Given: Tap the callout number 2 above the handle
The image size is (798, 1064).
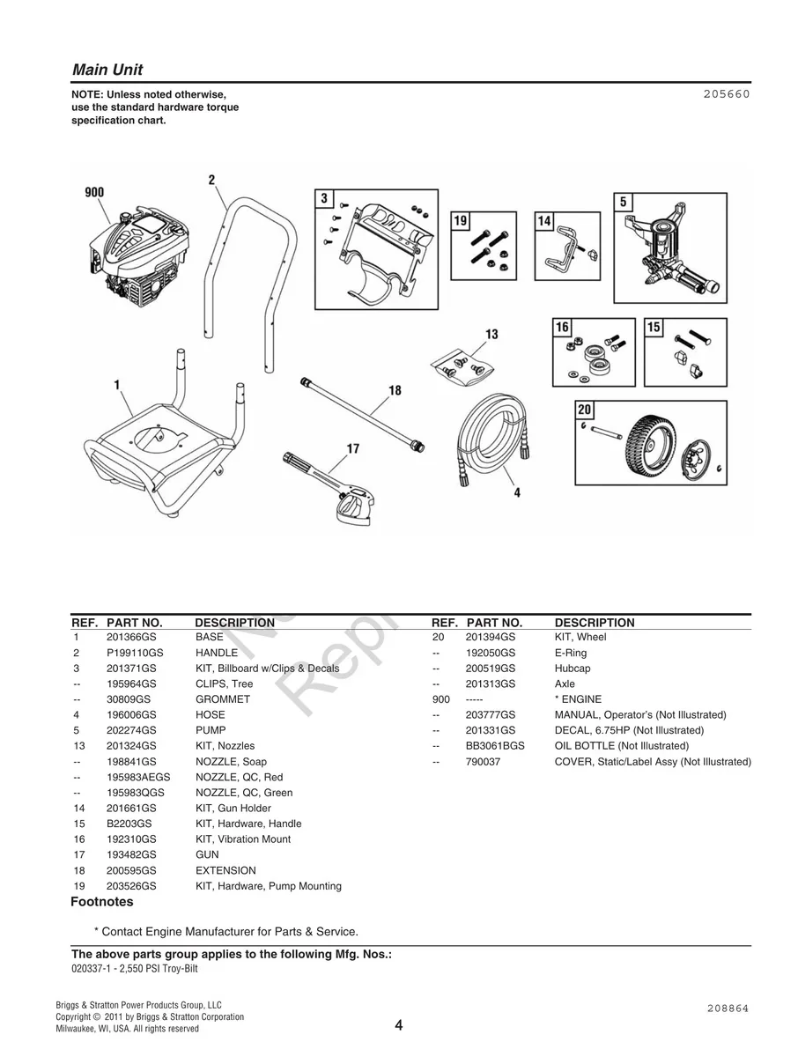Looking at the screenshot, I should pos(211,181).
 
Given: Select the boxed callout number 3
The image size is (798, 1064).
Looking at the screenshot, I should pos(324,198).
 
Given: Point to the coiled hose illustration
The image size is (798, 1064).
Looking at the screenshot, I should pos(489,436).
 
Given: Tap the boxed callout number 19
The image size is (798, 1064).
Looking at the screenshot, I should pos(461,221).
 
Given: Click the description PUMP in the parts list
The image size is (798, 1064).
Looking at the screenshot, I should pos(211,730).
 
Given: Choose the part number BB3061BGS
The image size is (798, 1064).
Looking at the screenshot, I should pos(494,746).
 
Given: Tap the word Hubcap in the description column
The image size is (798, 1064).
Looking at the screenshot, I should pos(573,669).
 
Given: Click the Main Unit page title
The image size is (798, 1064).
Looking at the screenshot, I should pos(107,70).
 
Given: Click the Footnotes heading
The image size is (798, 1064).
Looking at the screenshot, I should pos(102,902).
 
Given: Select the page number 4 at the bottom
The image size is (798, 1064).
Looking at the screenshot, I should pos(399,1025).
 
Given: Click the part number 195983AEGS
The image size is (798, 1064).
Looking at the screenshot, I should pos(138,777).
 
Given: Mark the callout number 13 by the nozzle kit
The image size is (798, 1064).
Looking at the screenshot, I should pos(491,334).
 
